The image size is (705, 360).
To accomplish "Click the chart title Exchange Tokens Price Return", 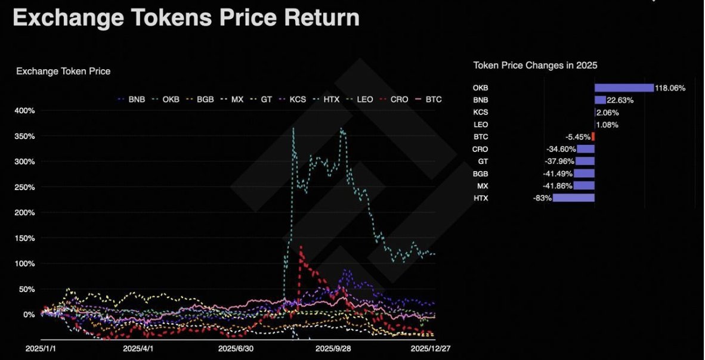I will pyautogui.click(x=185, y=18).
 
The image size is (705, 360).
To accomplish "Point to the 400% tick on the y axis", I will pyautogui.click(x=24, y=111).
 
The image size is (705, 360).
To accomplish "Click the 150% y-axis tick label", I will pyautogui.click(x=24, y=238).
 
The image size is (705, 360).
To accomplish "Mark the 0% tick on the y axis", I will pyautogui.click(x=29, y=315).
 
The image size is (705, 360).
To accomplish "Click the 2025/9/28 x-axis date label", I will pyautogui.click(x=332, y=348).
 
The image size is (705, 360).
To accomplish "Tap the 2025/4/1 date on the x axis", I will pyautogui.click(x=138, y=348).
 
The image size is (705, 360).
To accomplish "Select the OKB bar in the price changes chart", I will pyautogui.click(x=624, y=88).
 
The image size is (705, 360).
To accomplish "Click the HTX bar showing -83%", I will pyautogui.click(x=573, y=197).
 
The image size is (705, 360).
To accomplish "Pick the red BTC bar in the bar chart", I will pyautogui.click(x=593, y=136).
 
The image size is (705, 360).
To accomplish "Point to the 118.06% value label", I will pyautogui.click(x=670, y=88).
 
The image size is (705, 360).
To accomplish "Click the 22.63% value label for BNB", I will pyautogui.click(x=620, y=100).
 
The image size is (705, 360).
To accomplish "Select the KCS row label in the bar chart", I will pyautogui.click(x=480, y=112).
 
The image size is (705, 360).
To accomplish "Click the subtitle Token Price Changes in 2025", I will pyautogui.click(x=535, y=65).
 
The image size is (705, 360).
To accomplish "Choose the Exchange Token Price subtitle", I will pyautogui.click(x=63, y=71).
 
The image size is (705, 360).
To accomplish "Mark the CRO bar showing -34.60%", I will pyautogui.click(x=585, y=149).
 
